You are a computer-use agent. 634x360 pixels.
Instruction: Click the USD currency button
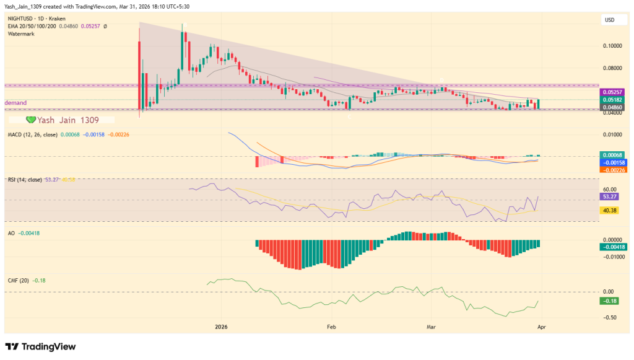pos(609,20)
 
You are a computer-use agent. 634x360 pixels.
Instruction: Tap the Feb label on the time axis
pos(331,326)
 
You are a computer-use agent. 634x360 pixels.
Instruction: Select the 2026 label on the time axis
pos(222,326)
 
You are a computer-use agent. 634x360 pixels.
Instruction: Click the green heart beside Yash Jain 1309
pos(30,120)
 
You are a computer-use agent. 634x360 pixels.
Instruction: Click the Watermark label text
pos(22,34)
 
